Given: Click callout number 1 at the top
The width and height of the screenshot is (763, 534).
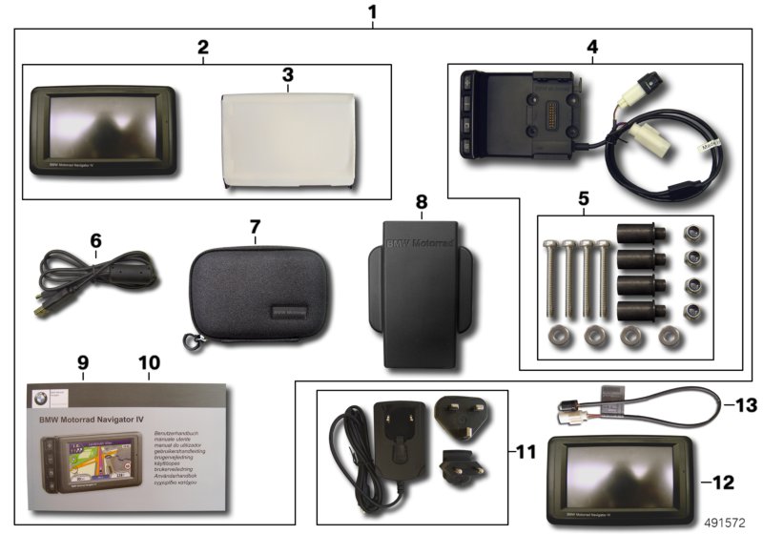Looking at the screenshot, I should coord(372,12).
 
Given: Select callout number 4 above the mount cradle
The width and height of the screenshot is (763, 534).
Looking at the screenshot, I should coord(592,46).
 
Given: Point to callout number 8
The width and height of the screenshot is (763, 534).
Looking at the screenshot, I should coord(422,202).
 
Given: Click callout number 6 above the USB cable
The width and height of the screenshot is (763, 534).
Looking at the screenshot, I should coord(95,241).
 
